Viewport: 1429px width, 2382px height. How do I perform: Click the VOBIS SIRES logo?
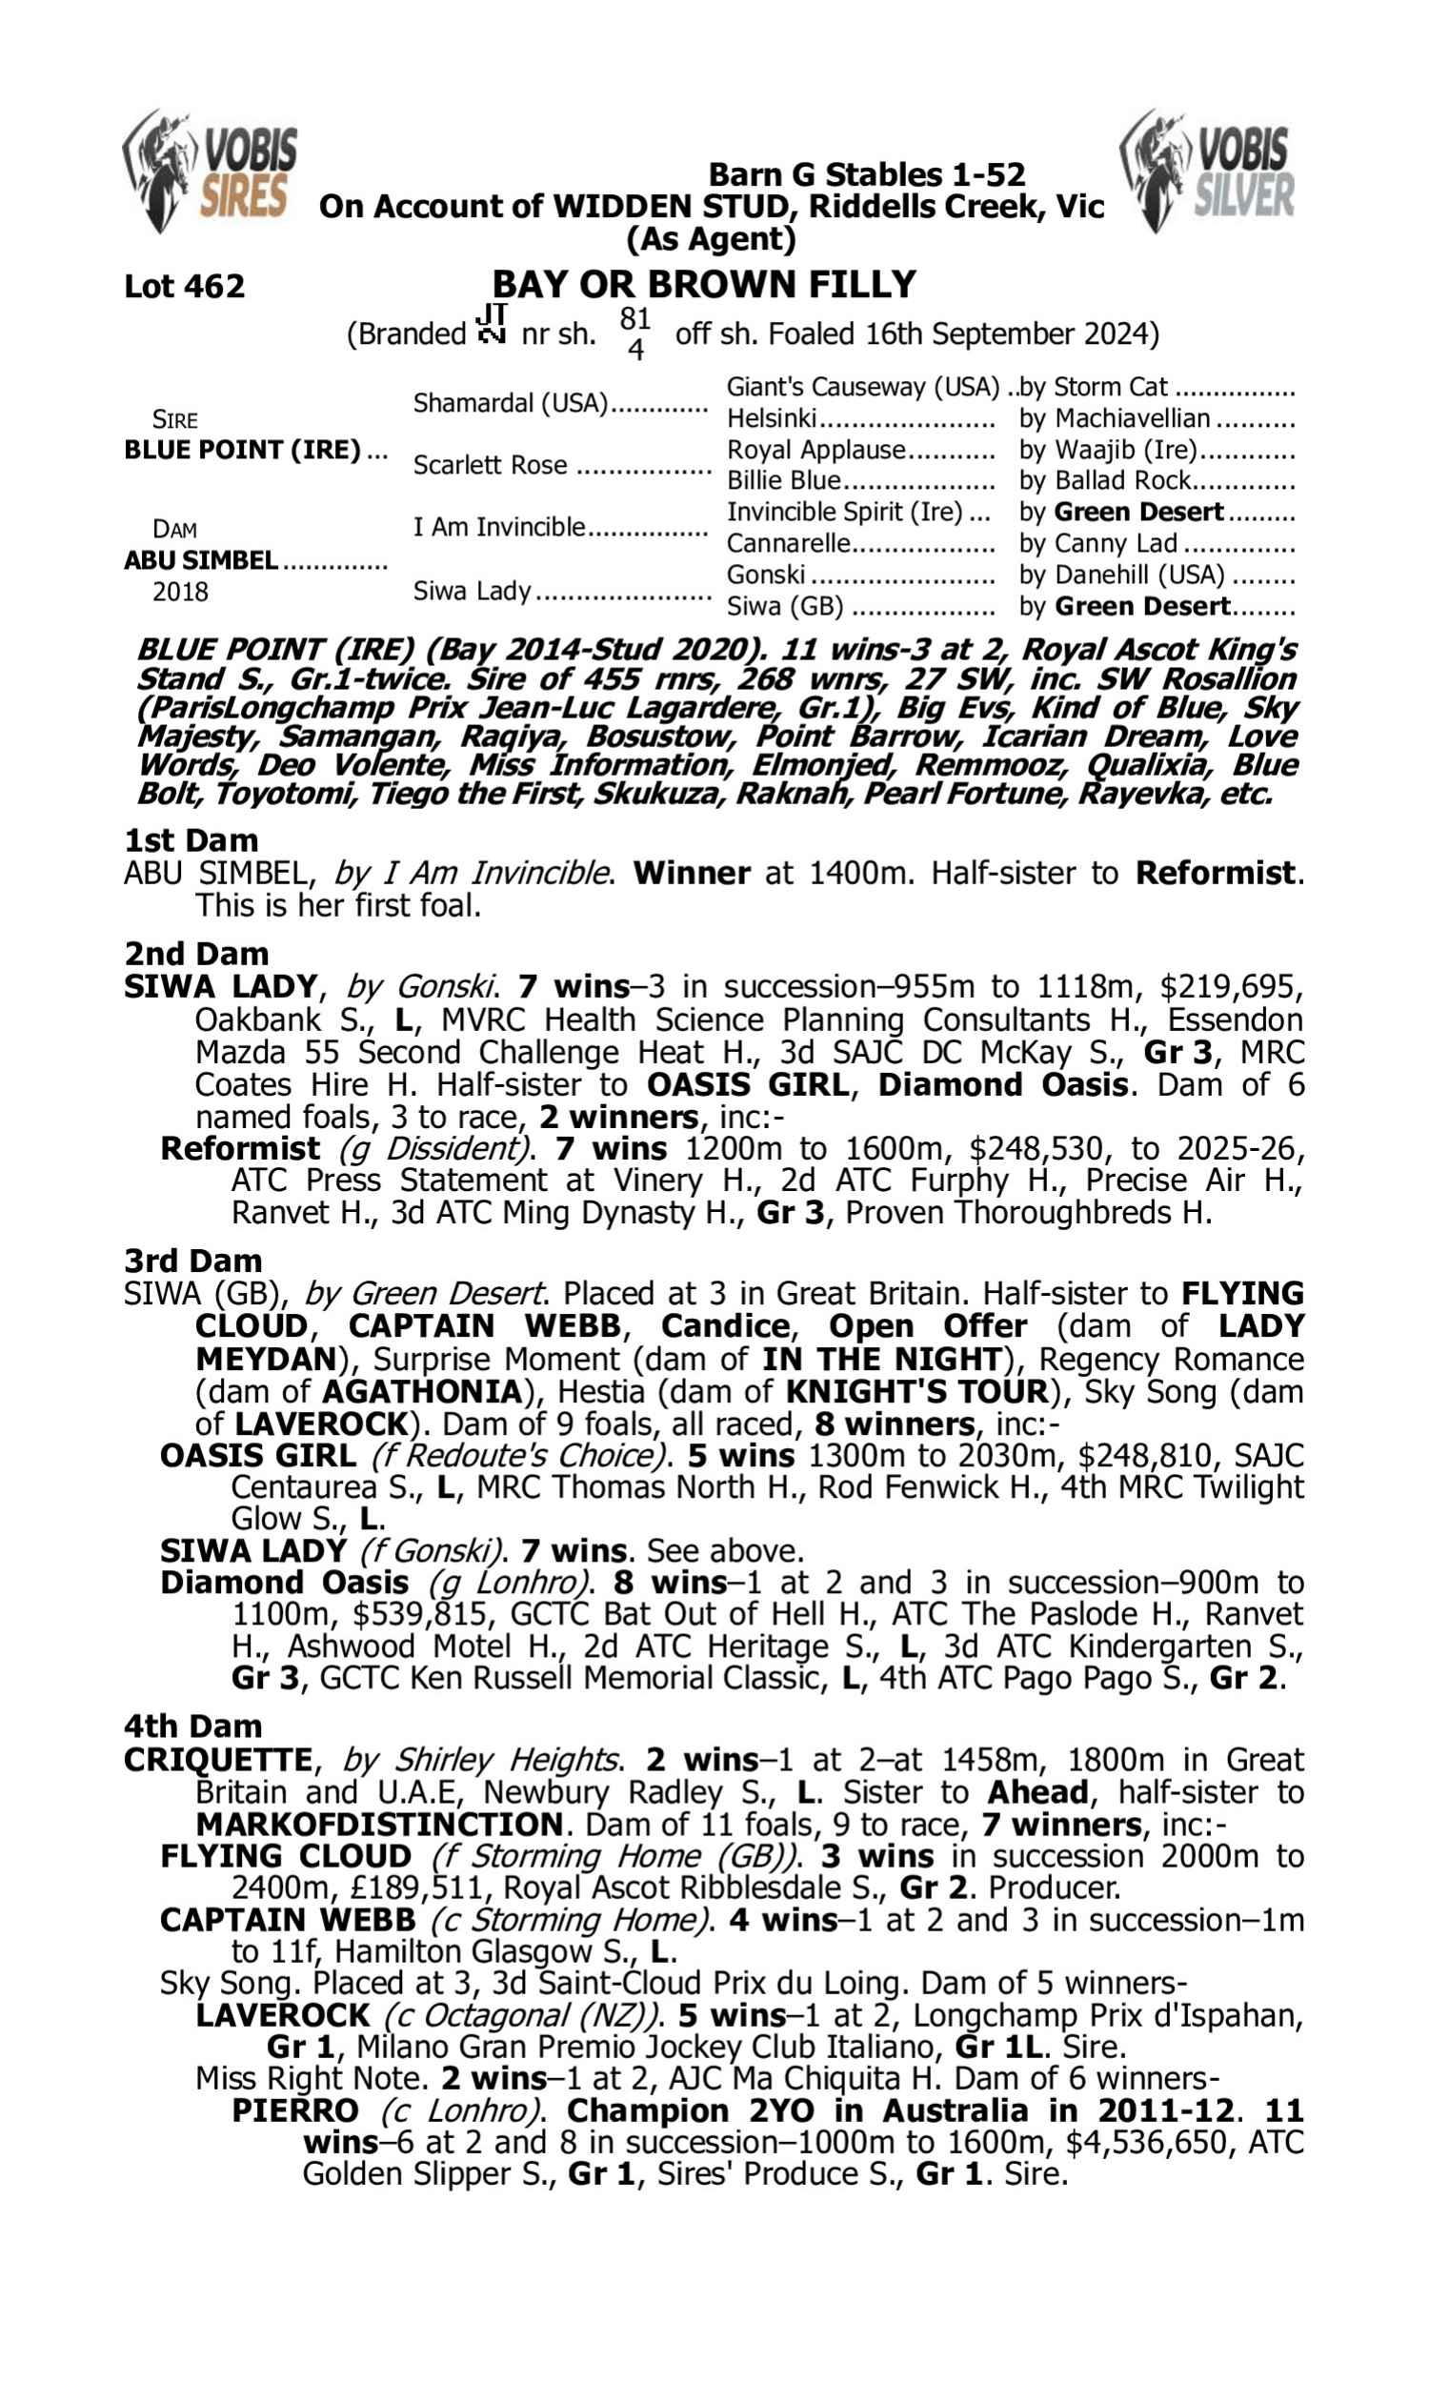coord(211,171)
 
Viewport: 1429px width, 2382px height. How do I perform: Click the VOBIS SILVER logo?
coord(1207,171)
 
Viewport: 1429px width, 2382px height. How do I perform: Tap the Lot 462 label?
coord(184,286)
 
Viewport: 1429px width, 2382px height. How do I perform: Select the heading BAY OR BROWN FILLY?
coord(704,284)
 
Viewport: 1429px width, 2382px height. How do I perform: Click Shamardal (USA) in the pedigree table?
coord(511,402)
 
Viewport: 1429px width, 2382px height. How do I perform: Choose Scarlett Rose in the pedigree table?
coord(490,465)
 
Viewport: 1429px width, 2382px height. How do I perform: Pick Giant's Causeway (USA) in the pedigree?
coord(863,387)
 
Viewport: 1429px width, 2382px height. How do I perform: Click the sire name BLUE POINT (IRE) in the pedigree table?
coord(242,450)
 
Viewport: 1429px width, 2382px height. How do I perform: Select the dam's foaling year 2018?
coord(180,591)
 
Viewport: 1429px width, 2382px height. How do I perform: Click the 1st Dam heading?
coord(191,840)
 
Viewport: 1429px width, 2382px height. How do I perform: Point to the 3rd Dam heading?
coord(192,1261)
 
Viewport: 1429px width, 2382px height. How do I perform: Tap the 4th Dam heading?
coord(192,1726)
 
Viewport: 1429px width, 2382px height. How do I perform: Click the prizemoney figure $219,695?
coord(1232,987)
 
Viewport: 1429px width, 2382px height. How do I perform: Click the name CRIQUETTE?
coord(217,1759)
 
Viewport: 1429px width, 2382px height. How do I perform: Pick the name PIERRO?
coord(294,2110)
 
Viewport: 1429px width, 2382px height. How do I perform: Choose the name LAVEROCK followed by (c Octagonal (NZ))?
coord(282,2015)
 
